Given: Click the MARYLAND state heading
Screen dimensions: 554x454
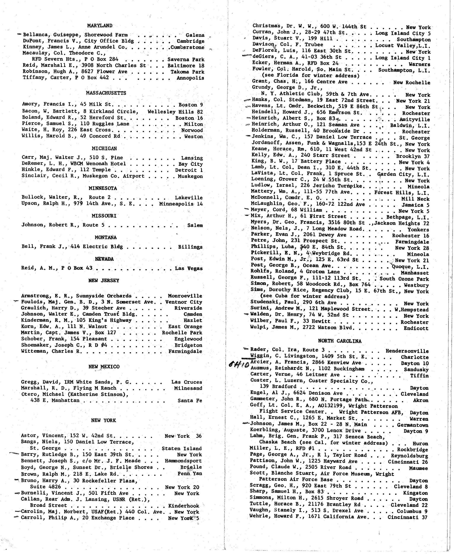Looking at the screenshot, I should click(x=100, y=26).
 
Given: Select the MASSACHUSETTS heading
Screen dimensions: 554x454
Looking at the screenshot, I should click(x=106, y=93).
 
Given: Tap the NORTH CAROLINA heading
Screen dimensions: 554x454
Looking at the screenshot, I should click(x=339, y=341).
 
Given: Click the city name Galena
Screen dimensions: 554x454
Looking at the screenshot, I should click(x=195, y=35).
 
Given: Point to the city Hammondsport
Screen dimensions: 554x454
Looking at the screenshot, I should click(x=183, y=461).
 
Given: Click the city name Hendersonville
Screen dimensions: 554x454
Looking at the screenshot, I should click(x=407, y=351).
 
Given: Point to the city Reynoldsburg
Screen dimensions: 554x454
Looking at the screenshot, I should click(x=409, y=456).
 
